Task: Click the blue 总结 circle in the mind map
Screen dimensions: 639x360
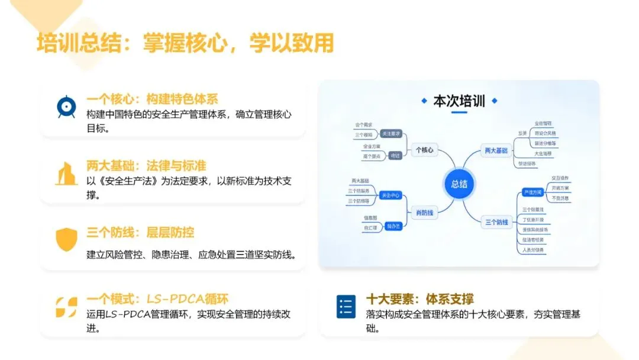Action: (x=459, y=184)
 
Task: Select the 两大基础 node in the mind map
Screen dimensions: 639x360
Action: (x=496, y=150)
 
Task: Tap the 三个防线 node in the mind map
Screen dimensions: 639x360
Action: (x=496, y=223)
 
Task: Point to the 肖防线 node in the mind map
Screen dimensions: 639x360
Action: (x=424, y=213)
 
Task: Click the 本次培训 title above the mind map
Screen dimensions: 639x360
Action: (x=459, y=101)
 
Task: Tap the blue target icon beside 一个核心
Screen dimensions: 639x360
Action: (x=66, y=107)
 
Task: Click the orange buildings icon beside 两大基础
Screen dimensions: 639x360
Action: (x=66, y=173)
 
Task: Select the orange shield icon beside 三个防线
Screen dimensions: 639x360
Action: (x=66, y=239)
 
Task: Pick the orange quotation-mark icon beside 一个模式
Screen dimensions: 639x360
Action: (x=66, y=307)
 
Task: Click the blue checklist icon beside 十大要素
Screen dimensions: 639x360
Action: (x=346, y=307)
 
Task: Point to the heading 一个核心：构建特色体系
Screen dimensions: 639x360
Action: (x=153, y=99)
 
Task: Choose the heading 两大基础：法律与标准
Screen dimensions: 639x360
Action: (x=146, y=166)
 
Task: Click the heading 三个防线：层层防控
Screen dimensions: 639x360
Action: (x=140, y=232)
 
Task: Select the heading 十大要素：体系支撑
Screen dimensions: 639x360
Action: (x=420, y=299)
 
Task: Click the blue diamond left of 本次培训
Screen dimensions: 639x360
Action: (x=424, y=101)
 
